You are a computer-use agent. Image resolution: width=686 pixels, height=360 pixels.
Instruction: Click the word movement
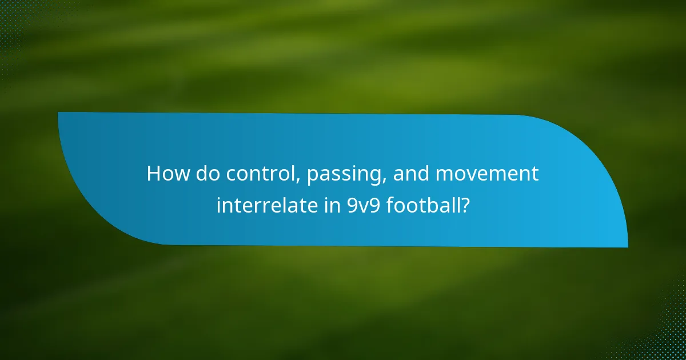click(488, 174)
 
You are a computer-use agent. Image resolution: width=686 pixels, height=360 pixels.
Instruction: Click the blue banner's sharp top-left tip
click(59, 113)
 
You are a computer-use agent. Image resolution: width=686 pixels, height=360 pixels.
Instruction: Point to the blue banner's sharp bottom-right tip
click(627, 246)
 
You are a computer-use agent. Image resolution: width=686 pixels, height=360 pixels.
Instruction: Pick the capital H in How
click(153, 174)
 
